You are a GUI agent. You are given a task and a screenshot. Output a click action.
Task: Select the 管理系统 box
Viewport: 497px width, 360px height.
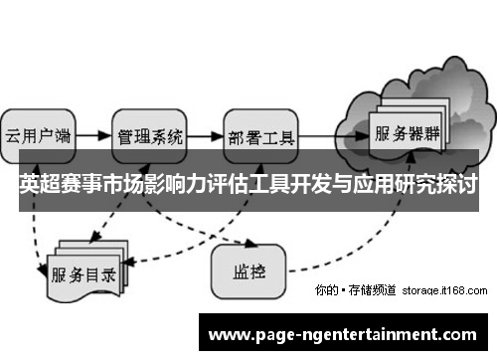150,134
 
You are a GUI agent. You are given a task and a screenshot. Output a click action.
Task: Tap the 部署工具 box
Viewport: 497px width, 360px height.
260,135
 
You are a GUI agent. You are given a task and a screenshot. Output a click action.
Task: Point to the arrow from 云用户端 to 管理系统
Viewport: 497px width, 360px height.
92,133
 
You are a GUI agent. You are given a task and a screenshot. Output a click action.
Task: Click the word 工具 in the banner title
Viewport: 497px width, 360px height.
270,185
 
